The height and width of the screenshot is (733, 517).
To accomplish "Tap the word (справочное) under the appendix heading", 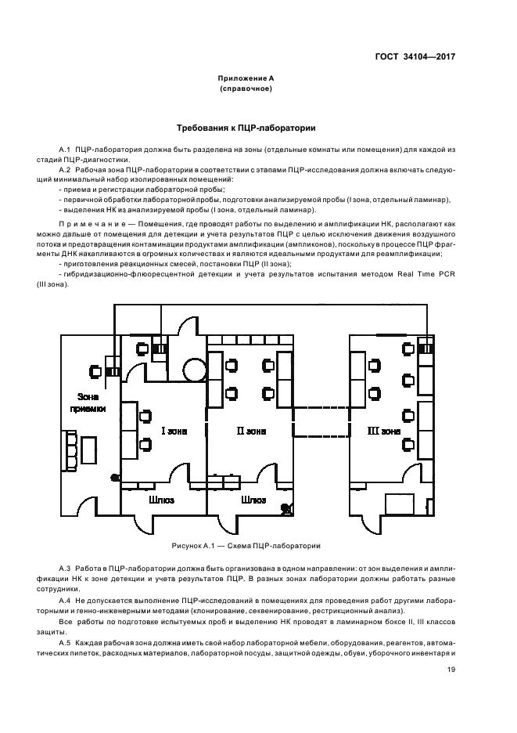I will click(246, 89).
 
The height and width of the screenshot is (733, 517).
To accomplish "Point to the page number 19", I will click(451, 670).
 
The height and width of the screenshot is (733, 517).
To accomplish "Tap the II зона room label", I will click(252, 430).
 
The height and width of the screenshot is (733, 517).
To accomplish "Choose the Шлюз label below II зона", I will click(254, 499).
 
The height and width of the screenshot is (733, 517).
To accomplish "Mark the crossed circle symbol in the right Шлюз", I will click(286, 508).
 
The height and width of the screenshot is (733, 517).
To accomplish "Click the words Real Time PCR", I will click(429, 273).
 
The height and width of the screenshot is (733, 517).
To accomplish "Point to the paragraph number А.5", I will click(65, 642).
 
